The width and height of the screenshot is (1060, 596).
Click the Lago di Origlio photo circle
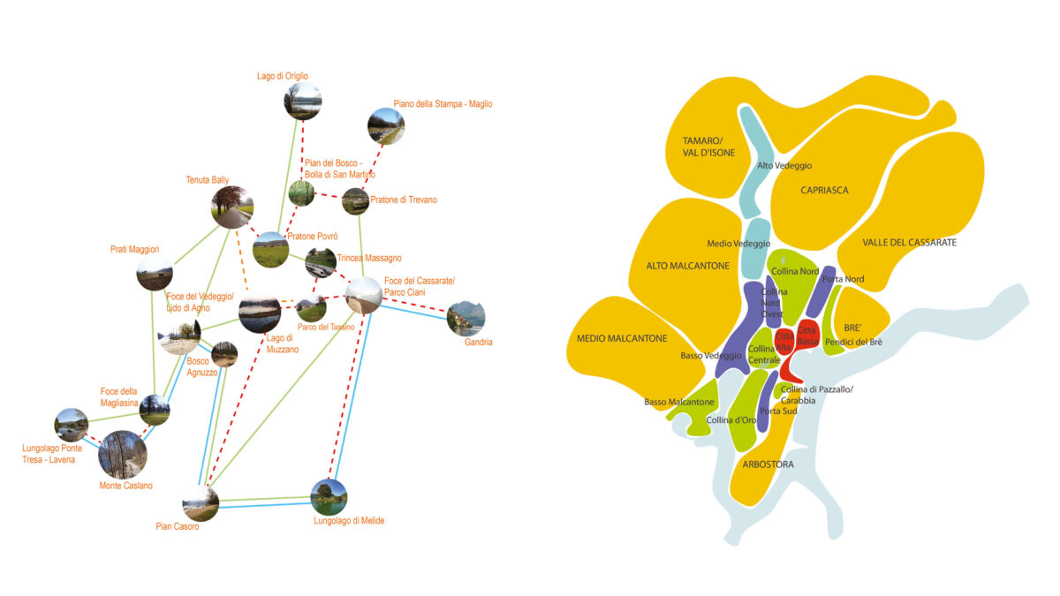(x=303, y=101)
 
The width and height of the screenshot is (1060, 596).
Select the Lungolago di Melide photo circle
(x=329, y=497)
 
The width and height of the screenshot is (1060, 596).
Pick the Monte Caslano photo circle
(x=123, y=454)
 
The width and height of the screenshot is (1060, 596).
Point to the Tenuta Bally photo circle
(x=232, y=207)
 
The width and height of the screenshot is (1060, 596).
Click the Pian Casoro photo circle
(x=201, y=503)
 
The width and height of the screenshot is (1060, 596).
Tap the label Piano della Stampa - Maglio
(x=443, y=104)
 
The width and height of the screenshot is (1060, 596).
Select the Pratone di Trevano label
(x=404, y=200)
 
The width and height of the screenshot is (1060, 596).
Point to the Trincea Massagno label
(x=368, y=258)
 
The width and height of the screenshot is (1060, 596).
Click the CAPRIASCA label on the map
(x=824, y=190)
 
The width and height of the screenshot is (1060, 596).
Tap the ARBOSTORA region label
(x=768, y=464)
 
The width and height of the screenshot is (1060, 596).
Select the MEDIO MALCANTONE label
(x=622, y=337)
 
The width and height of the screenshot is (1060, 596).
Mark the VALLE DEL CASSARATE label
(x=909, y=242)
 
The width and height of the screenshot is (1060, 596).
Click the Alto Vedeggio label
(x=784, y=165)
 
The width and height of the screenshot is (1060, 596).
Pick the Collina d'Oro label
(x=731, y=419)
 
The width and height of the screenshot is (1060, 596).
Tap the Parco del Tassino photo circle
(x=311, y=309)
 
